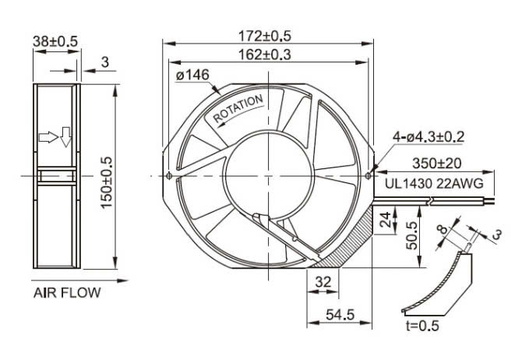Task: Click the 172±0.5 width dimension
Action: click(x=266, y=36)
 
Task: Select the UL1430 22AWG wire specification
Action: click(x=434, y=183)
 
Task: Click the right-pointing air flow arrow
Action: click(x=48, y=137)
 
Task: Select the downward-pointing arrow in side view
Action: click(x=65, y=136)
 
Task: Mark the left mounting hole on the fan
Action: click(x=169, y=175)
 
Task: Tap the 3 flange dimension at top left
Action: click(x=105, y=60)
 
